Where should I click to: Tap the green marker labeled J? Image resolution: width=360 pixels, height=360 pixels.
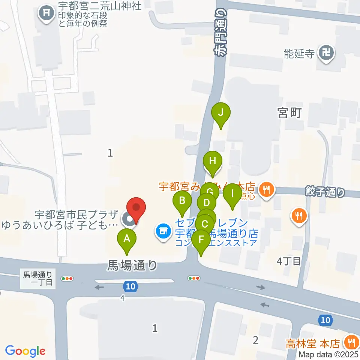pyautogui.click(x=221, y=112)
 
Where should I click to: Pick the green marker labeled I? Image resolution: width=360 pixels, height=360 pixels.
pyautogui.click(x=232, y=194)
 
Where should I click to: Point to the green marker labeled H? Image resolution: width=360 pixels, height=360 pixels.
pyautogui.click(x=213, y=162)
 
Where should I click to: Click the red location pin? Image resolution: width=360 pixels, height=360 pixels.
pyautogui.click(x=136, y=208)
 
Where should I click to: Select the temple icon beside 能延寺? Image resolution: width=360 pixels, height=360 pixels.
pyautogui.click(x=324, y=53)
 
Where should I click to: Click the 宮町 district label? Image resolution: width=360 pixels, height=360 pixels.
pyautogui.click(x=288, y=112)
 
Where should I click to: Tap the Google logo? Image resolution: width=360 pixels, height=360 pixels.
pyautogui.click(x=25, y=351)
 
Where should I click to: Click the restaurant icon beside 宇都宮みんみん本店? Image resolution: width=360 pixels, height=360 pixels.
pyautogui.click(x=267, y=189)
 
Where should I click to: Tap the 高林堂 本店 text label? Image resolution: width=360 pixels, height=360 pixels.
pyautogui.click(x=313, y=343)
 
